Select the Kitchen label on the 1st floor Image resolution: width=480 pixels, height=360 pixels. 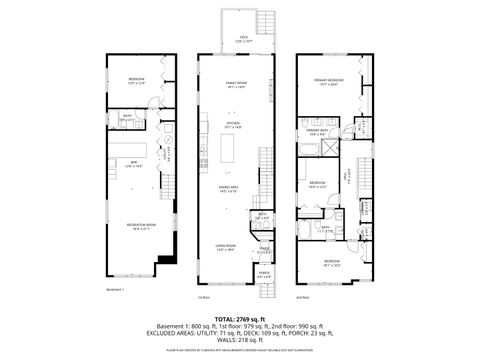click(x=234, y=125)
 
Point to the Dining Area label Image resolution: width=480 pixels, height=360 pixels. click(x=229, y=189)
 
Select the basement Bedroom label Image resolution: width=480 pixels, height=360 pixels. click(x=137, y=81)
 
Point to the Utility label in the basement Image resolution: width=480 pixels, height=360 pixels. click(x=167, y=155)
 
